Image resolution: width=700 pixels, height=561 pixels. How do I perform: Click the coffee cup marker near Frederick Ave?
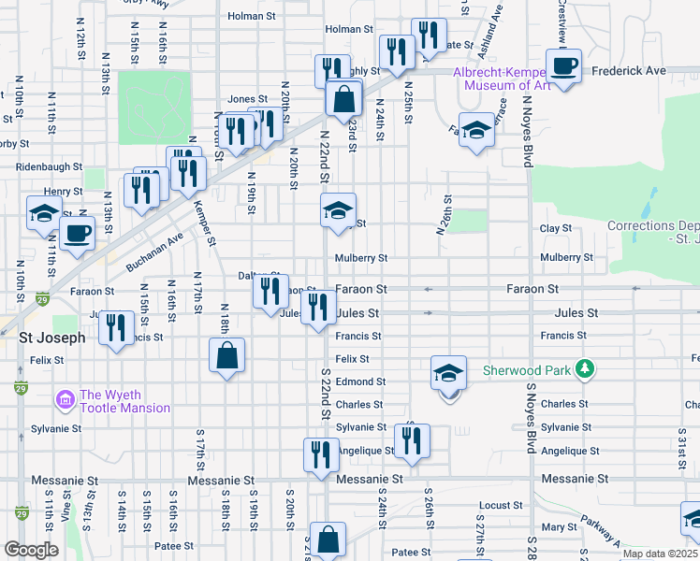click(563, 67)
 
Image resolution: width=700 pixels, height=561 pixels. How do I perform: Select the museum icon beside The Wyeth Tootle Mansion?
click(65, 401)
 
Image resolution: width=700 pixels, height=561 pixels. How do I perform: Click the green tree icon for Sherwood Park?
click(585, 369)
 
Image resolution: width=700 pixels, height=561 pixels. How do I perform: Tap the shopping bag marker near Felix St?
click(226, 356)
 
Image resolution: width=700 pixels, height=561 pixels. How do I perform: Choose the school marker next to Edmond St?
click(449, 373)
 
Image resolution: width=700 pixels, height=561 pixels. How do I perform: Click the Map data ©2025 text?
click(661, 554)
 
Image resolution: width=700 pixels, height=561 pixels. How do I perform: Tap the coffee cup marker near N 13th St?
click(77, 234)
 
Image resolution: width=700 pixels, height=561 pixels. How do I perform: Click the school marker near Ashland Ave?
click(476, 131)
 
